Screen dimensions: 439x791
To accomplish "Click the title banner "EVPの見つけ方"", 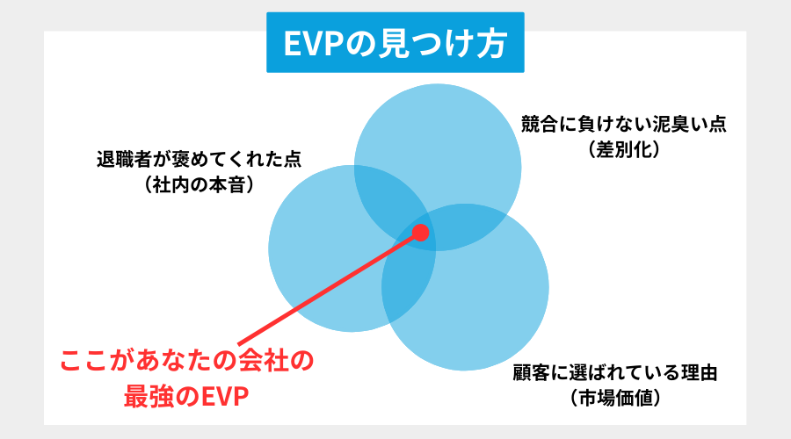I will pyautogui.click(x=395, y=42).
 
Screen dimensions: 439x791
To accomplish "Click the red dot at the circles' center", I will pyautogui.click(x=420, y=233).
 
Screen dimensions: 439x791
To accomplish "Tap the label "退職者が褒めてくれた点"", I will pyautogui.click(x=199, y=161).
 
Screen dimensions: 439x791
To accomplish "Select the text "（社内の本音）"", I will pyautogui.click(x=199, y=186).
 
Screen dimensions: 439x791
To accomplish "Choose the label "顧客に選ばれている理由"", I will pyautogui.click(x=616, y=372).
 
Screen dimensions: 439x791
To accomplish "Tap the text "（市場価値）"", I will pyautogui.click(x=616, y=398).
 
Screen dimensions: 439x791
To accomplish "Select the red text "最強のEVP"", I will pyautogui.click(x=185, y=398).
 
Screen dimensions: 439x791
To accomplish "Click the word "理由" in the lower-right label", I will pyautogui.click(x=698, y=372).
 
